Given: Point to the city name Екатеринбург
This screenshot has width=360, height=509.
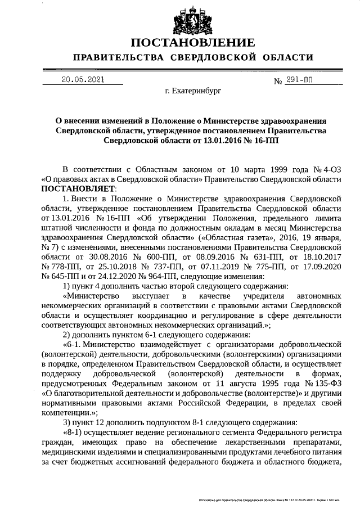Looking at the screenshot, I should tap(193, 90).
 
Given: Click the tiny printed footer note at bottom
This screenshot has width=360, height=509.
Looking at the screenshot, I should tap(276, 499).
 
